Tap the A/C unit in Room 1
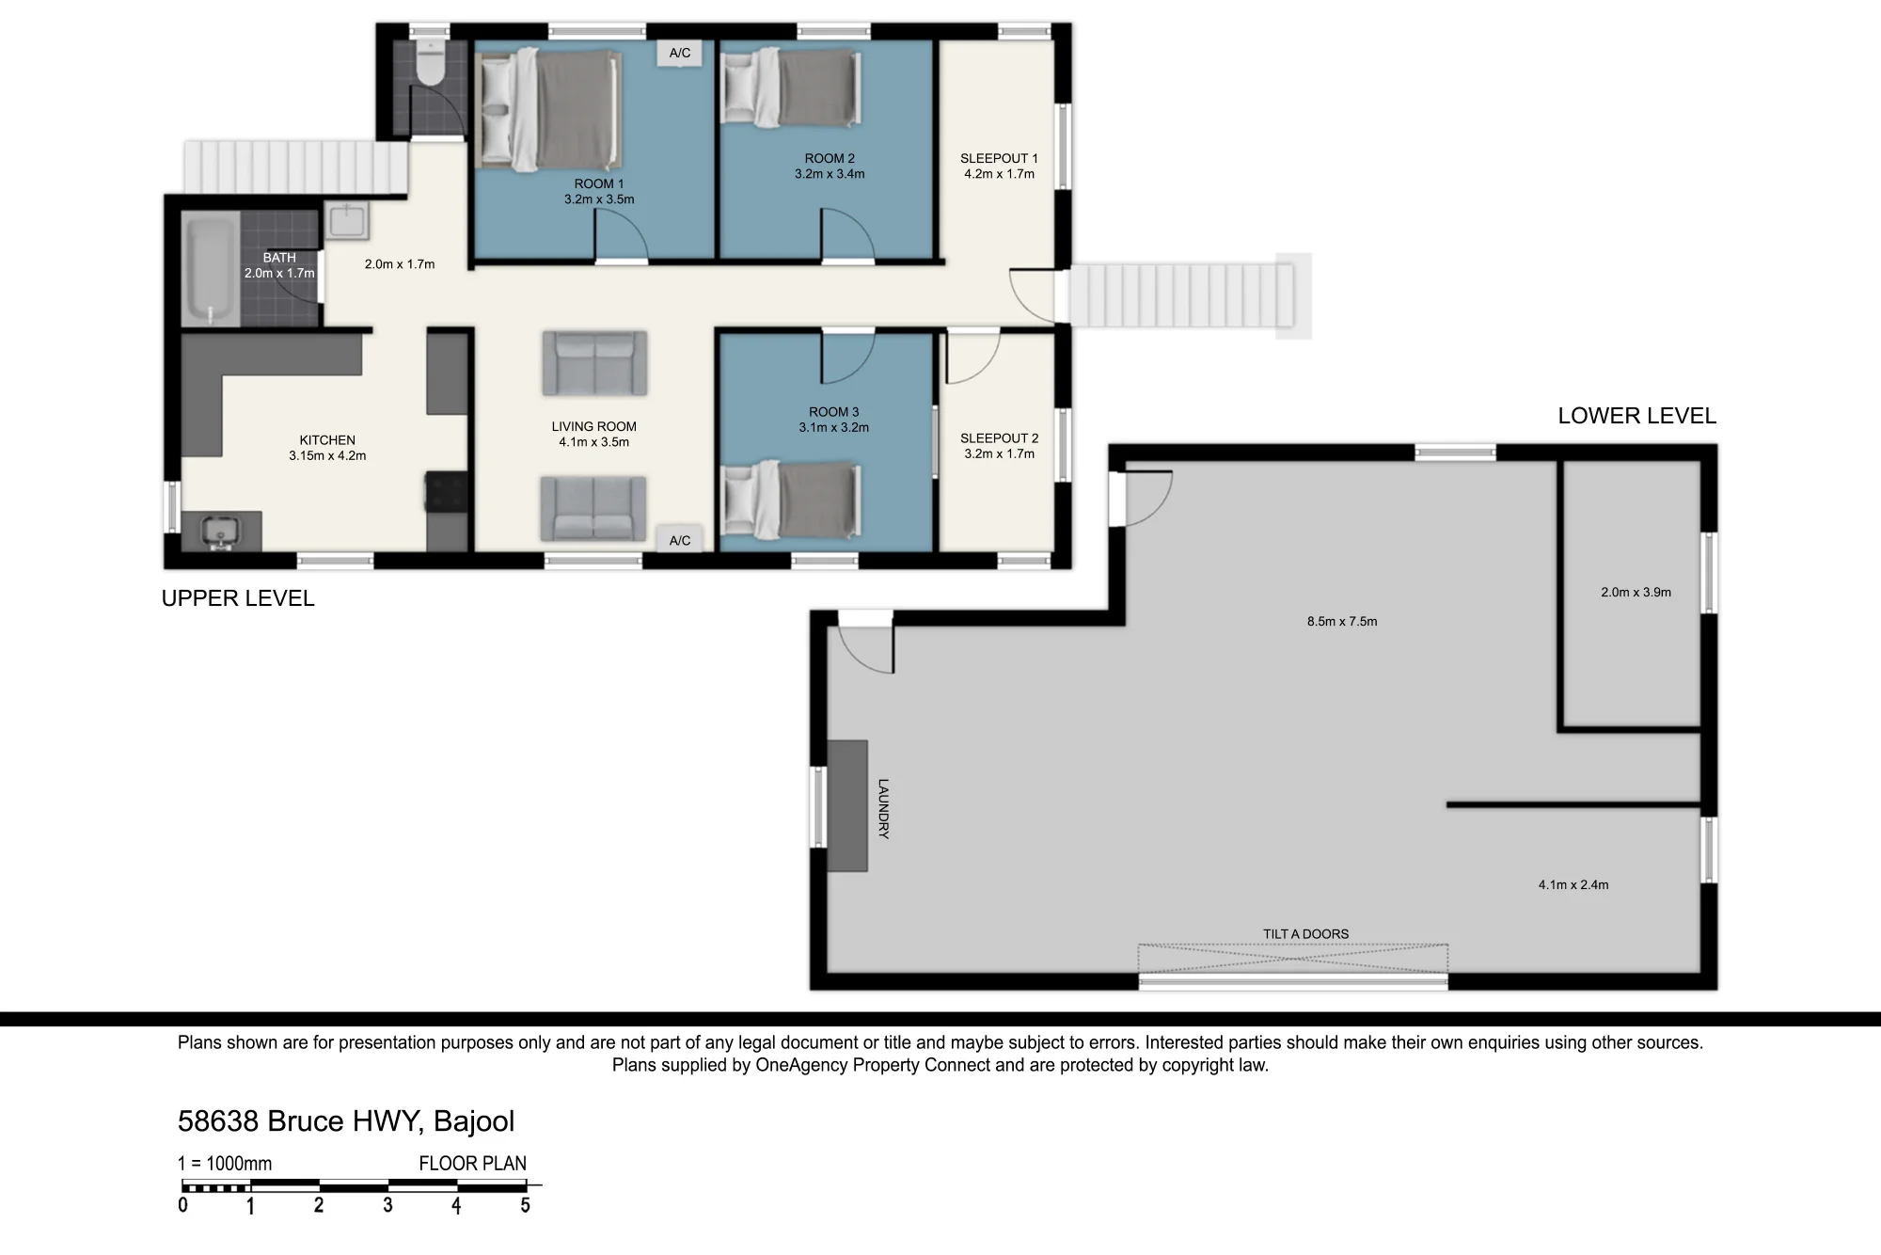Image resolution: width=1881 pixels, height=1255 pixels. [x=680, y=54]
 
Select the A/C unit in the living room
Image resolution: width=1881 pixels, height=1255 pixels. [x=680, y=540]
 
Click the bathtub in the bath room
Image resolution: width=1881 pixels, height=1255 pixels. [x=210, y=269]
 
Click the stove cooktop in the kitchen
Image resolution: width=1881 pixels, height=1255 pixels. [x=447, y=490]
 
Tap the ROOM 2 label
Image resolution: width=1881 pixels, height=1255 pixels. [x=830, y=158]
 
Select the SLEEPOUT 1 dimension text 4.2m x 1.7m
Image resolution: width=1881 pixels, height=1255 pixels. [x=999, y=174]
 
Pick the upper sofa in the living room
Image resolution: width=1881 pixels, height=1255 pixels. [x=594, y=363]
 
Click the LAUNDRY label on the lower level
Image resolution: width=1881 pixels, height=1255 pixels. [x=883, y=808]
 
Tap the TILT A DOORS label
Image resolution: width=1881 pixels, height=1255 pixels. [x=1305, y=934]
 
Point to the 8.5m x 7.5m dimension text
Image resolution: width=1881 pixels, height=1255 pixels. [x=1342, y=621]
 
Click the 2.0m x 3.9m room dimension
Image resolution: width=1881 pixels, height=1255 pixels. [x=1636, y=593]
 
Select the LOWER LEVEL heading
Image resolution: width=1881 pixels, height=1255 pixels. [x=1636, y=416]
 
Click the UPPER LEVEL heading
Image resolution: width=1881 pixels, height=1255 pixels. [x=238, y=598]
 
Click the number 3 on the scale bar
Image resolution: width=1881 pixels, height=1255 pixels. [x=387, y=1205]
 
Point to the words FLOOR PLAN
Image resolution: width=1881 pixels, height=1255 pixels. [x=472, y=1164]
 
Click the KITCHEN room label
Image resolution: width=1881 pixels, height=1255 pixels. [x=327, y=440]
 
